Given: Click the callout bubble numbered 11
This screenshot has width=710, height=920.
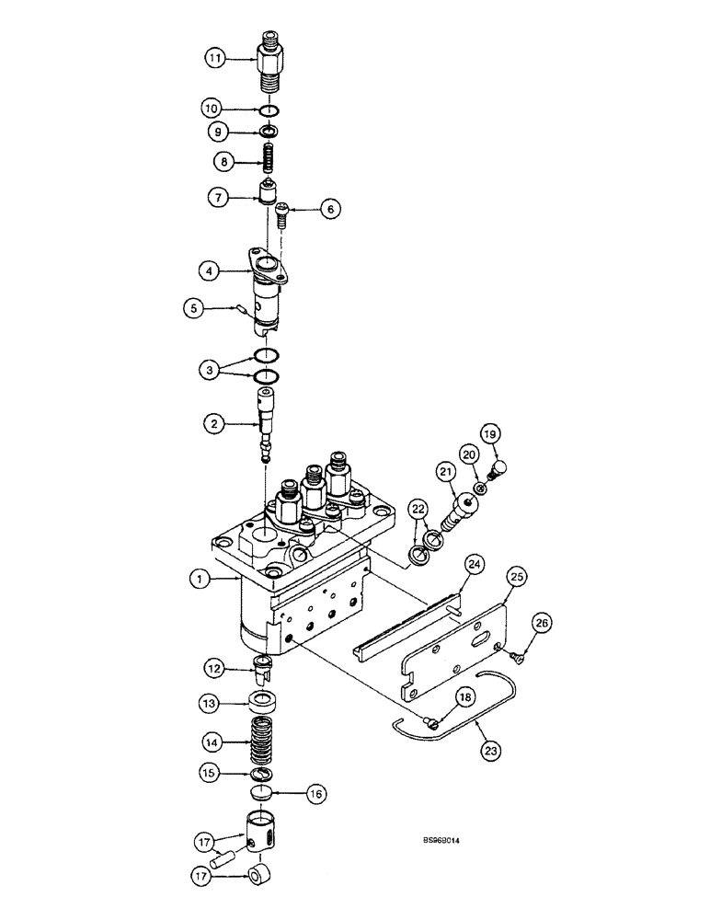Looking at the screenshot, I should click(x=215, y=57).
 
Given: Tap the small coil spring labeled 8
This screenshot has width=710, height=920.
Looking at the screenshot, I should click(x=266, y=160).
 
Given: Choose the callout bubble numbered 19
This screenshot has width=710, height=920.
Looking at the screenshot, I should click(x=489, y=435).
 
